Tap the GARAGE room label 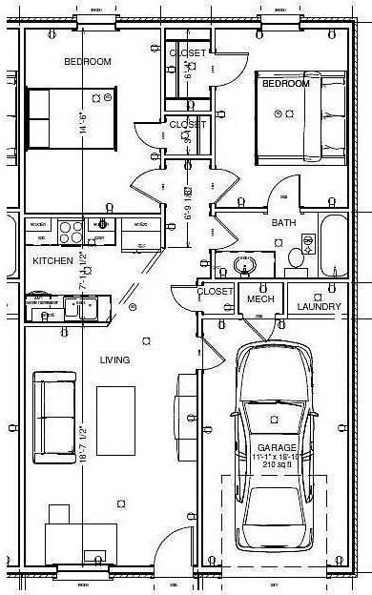[x=277, y=447]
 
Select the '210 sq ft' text [x=277, y=465]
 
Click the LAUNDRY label [x=319, y=306]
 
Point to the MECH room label [x=260, y=299]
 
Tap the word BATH [x=284, y=223]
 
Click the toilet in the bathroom [x=296, y=256]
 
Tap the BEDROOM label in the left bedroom [x=88, y=62]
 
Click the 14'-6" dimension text [x=84, y=124]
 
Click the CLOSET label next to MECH [x=217, y=292]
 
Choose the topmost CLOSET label [x=187, y=53]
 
